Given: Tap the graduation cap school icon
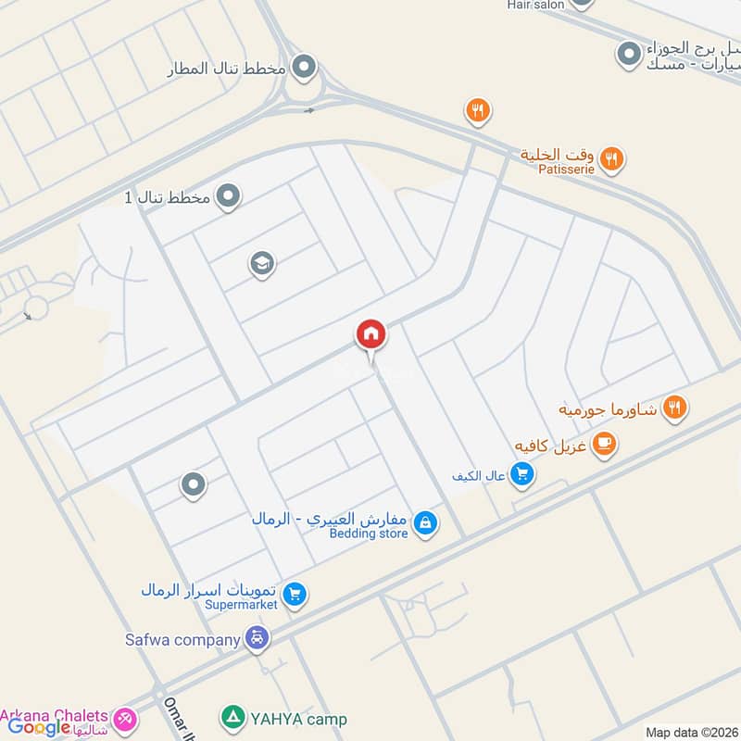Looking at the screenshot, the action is (x=262, y=265).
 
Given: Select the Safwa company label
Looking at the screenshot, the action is (x=182, y=638).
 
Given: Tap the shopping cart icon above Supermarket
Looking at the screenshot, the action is (x=295, y=594).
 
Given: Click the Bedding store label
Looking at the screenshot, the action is (x=369, y=534).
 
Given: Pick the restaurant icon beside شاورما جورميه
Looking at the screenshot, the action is (x=675, y=408).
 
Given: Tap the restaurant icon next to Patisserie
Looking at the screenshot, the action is (x=611, y=159).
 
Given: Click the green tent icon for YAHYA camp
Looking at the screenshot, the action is (x=232, y=718).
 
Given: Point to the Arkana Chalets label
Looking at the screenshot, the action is (x=55, y=716).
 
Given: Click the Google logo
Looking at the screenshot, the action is (x=40, y=727).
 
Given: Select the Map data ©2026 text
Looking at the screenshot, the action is (x=690, y=732).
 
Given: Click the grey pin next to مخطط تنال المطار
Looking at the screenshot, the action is (x=303, y=68).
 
